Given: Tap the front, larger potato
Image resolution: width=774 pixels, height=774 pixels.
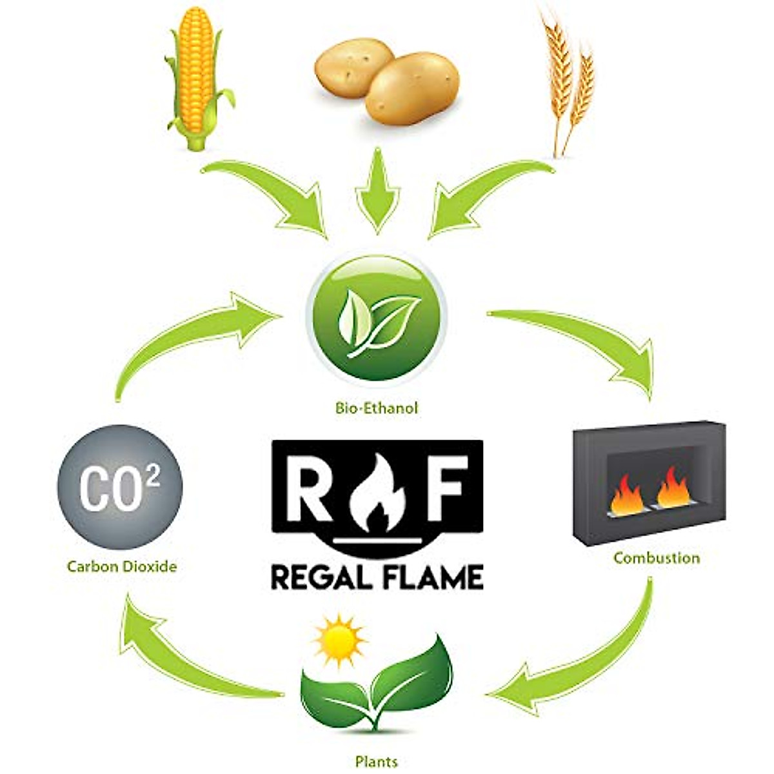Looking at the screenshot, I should [x=413, y=88].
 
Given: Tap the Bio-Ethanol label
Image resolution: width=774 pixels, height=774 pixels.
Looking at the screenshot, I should [x=377, y=408].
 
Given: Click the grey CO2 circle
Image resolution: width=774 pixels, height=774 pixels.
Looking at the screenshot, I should [x=120, y=487].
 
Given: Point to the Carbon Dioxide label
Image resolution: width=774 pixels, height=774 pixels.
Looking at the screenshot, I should [x=122, y=567].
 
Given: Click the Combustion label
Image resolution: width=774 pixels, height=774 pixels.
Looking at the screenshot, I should [x=657, y=557].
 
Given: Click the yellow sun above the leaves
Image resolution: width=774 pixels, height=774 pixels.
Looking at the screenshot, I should [x=339, y=642].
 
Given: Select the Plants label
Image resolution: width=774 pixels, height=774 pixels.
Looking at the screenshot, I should [x=377, y=761].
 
